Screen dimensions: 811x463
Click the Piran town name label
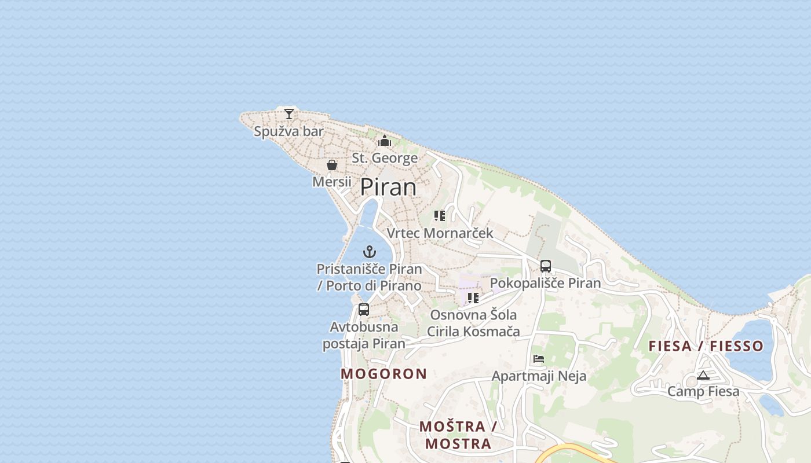pyautogui.click(x=388, y=187)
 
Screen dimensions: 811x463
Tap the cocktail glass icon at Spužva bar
pyautogui.click(x=289, y=113)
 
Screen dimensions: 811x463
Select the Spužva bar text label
pyautogui.click(x=288, y=131)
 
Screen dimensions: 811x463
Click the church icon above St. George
pyautogui.click(x=385, y=141)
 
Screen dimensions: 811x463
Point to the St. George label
pyautogui.click(x=385, y=158)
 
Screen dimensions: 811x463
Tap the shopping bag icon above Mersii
pyautogui.click(x=332, y=166)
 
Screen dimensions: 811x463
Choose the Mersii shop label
pyautogui.click(x=332, y=182)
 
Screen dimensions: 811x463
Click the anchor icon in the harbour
pyautogui.click(x=370, y=252)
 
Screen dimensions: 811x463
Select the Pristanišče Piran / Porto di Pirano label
pyautogui.click(x=370, y=277)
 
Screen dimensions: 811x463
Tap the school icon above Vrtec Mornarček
pyautogui.click(x=440, y=216)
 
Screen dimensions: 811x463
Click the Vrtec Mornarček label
pyautogui.click(x=440, y=233)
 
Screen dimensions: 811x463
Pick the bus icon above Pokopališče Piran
pyautogui.click(x=546, y=266)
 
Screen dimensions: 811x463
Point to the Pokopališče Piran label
pyautogui.click(x=546, y=283)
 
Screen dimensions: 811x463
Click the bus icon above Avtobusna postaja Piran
pyautogui.click(x=364, y=310)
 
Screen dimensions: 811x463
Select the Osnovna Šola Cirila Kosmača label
pyautogui.click(x=473, y=324)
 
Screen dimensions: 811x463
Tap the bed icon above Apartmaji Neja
pyautogui.click(x=539, y=359)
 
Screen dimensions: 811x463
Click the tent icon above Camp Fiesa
pyautogui.click(x=703, y=375)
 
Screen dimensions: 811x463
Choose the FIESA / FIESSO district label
pyautogui.click(x=706, y=346)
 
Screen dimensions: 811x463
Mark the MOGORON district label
pyautogui.click(x=383, y=374)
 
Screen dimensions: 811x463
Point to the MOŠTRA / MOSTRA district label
pyautogui.click(x=458, y=435)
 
